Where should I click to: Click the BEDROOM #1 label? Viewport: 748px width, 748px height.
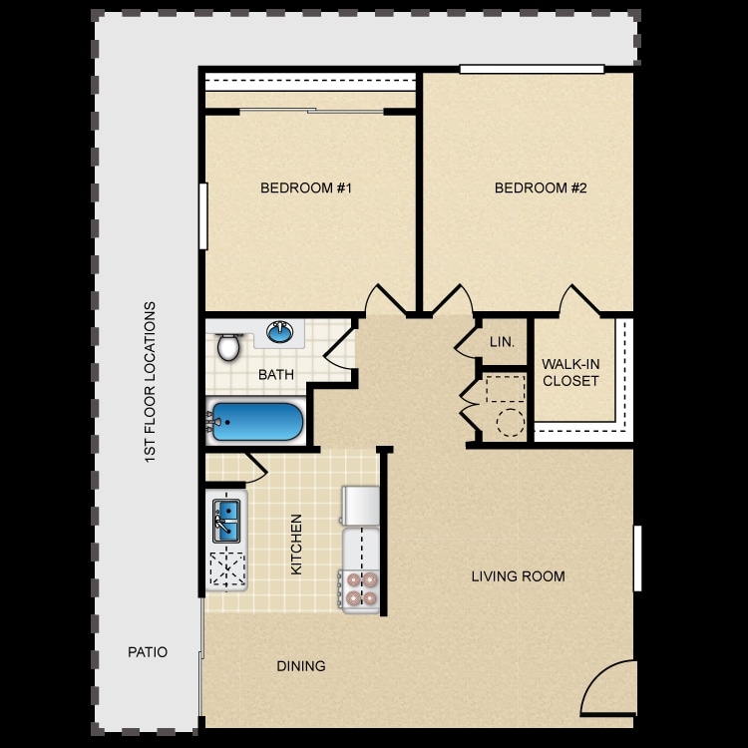[307, 187]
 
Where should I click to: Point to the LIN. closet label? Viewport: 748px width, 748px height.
[502, 342]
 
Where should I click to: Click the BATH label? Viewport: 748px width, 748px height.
[275, 375]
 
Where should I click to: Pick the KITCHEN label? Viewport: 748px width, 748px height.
[296, 545]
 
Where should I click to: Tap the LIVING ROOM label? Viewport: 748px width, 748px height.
[519, 576]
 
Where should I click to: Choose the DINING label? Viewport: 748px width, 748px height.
[301, 666]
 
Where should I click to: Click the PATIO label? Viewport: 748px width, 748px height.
[148, 652]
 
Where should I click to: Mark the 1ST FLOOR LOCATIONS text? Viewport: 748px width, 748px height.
[150, 381]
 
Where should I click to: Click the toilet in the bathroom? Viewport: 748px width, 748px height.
[229, 346]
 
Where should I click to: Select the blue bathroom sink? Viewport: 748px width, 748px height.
[281, 331]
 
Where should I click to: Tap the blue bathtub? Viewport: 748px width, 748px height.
[255, 423]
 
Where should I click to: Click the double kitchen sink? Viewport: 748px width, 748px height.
[226, 520]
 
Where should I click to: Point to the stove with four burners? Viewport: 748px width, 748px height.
[360, 588]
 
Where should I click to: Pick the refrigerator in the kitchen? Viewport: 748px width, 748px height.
[360, 506]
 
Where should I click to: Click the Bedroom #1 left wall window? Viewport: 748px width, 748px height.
[202, 216]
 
